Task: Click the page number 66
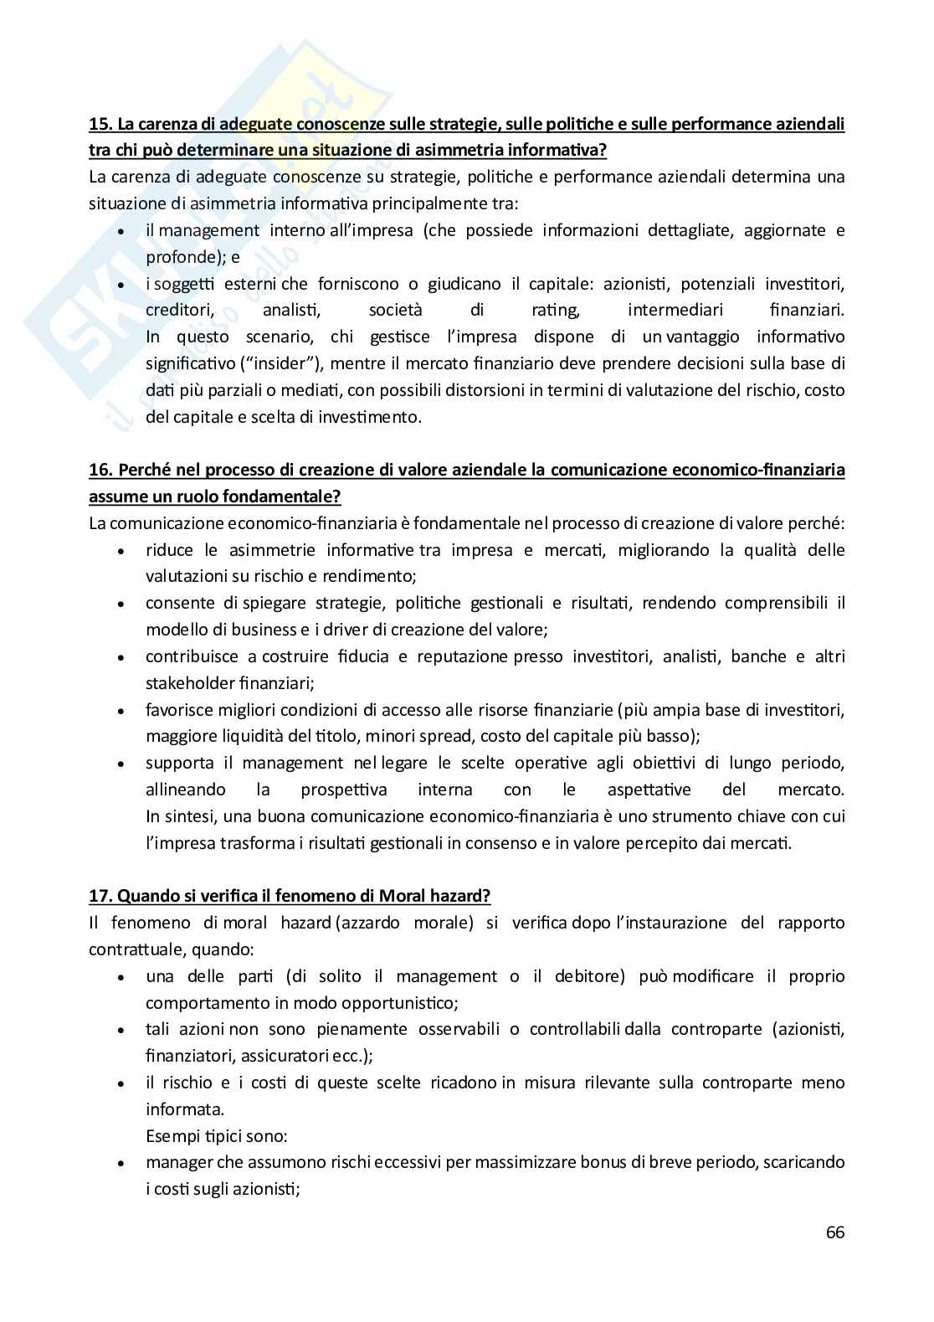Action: (x=834, y=1232)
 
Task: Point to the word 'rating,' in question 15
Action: (x=556, y=311)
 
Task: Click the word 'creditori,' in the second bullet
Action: (x=177, y=311)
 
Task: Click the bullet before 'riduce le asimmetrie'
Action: (x=123, y=552)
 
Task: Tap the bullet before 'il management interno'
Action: (x=123, y=232)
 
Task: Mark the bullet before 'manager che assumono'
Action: (x=123, y=1164)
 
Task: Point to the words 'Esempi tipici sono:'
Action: (x=216, y=1136)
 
